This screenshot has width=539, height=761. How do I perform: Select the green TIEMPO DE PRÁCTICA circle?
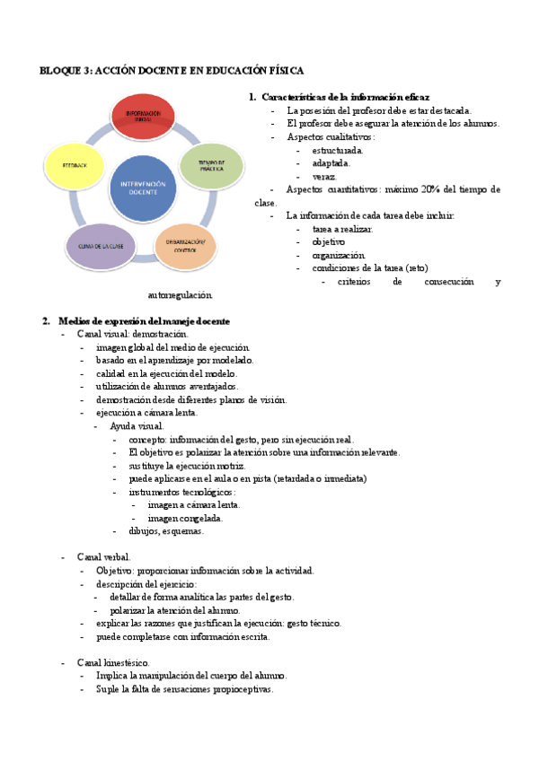click(x=211, y=164)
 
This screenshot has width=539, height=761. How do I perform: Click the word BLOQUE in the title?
click(x=61, y=70)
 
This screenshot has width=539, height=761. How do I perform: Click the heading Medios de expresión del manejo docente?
click(x=144, y=320)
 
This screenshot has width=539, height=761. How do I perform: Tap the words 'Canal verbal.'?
click(x=104, y=557)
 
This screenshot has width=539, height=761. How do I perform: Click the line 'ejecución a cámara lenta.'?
click(x=147, y=413)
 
